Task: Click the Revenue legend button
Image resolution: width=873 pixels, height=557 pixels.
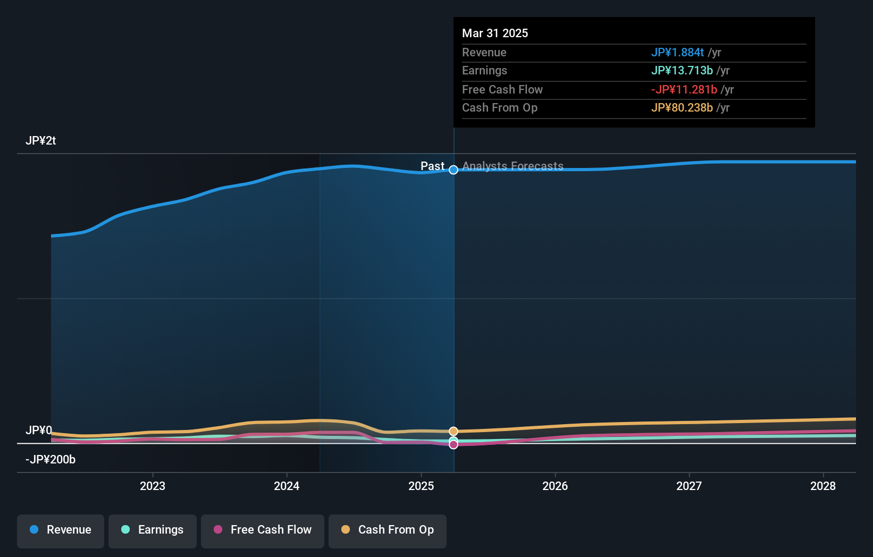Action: (x=61, y=530)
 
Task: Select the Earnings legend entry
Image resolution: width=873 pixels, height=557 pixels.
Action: (x=153, y=530)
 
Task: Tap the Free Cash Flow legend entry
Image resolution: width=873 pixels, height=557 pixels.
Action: (x=263, y=530)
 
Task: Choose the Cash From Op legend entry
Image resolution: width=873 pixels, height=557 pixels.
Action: (x=388, y=530)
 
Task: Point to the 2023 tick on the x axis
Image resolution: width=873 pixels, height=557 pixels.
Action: (x=153, y=486)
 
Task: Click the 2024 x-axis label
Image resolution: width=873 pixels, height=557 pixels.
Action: (x=287, y=486)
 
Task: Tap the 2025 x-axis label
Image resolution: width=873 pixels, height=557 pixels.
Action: (x=421, y=486)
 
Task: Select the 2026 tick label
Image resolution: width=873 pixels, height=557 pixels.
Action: (x=555, y=486)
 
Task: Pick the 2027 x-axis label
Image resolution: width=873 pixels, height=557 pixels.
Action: (x=689, y=486)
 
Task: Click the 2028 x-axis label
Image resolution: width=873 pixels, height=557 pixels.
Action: (x=823, y=486)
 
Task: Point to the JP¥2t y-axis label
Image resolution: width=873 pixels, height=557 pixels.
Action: (x=40, y=141)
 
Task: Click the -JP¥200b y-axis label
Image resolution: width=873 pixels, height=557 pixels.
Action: (x=51, y=460)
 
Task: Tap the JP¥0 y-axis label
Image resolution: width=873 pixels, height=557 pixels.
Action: (x=38, y=430)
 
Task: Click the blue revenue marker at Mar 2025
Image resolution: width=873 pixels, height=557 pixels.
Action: (x=454, y=170)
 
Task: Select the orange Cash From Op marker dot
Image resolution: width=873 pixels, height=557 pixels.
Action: (x=454, y=431)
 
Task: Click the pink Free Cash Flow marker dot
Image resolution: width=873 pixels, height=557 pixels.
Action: (x=454, y=445)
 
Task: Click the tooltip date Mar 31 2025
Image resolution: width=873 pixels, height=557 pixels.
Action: (x=495, y=33)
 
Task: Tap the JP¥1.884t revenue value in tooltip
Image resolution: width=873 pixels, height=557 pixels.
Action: (x=677, y=53)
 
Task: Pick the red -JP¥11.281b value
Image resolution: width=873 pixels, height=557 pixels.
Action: (x=684, y=90)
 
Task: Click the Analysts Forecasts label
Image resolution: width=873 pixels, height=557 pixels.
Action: (x=513, y=166)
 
